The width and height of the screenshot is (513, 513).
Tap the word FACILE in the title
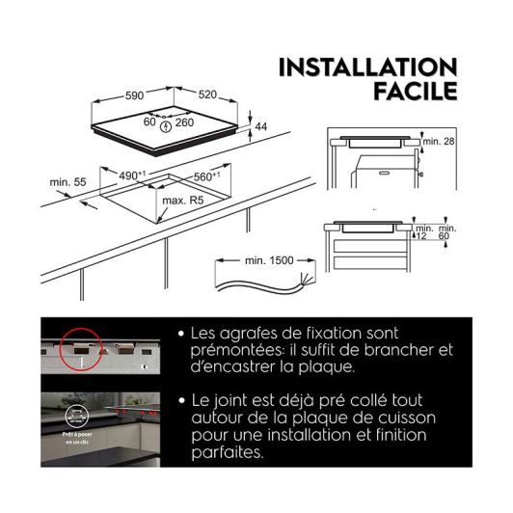click(x=414, y=93)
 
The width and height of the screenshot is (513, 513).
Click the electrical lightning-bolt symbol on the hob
click(x=167, y=124)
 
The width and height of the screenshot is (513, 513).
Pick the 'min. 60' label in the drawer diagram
click(x=445, y=230)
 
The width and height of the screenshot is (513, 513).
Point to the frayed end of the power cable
click(x=308, y=279)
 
